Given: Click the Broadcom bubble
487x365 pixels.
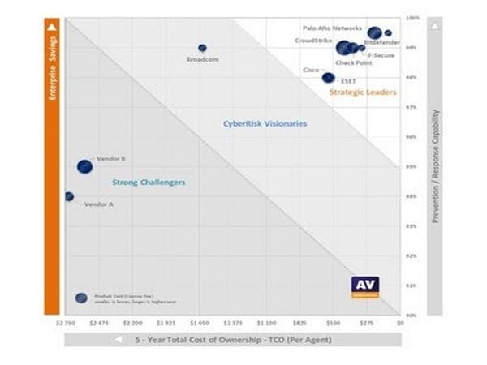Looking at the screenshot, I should [x=202, y=48].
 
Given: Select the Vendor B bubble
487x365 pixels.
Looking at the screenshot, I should [x=84, y=166].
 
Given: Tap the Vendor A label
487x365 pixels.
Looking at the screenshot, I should [x=98, y=204].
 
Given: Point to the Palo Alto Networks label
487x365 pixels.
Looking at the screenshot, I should [x=332, y=28].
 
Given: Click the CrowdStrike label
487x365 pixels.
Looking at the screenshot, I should [x=312, y=39].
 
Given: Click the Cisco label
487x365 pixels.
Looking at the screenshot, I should [x=311, y=71].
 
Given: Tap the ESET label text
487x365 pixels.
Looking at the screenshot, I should [x=348, y=81].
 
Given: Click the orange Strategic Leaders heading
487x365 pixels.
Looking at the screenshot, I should [x=363, y=92].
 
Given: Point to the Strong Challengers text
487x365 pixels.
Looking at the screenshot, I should [x=149, y=182].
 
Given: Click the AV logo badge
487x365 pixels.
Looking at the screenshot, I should [x=364, y=287].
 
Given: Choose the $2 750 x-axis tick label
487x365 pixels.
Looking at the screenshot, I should [x=66, y=323].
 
